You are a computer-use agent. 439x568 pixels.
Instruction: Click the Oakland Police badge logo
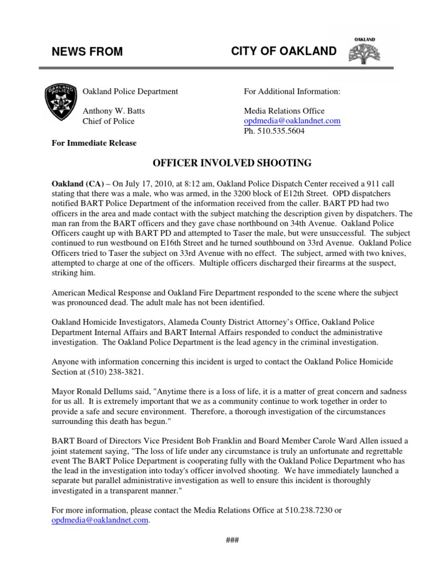click(60, 102)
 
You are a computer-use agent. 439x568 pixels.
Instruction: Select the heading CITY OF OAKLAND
click(284, 51)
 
